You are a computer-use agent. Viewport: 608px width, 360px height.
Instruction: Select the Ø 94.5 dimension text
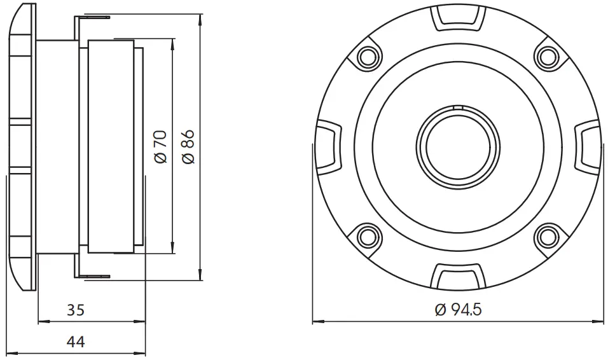[458, 310]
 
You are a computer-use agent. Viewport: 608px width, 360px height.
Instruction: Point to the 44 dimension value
[76, 342]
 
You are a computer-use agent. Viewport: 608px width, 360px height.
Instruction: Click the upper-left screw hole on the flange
[367, 57]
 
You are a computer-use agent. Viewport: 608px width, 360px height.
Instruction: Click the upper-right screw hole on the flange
[546, 57]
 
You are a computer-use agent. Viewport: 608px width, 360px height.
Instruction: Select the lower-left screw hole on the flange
[367, 237]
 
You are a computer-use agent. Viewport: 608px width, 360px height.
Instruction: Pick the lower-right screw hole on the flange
[546, 237]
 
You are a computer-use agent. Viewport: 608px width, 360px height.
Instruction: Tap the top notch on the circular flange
[457, 18]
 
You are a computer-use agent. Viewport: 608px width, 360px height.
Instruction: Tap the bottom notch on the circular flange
[457, 276]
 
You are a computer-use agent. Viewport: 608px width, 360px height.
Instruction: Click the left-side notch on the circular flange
[328, 146]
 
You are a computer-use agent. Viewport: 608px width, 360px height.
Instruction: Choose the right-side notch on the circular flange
[586, 146]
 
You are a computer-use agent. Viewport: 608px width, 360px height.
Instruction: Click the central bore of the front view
[457, 146]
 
